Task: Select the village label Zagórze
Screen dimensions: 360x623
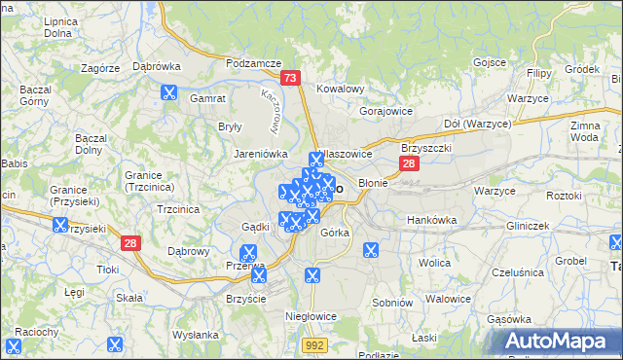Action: point(100,68)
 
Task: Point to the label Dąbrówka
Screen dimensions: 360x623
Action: point(156,66)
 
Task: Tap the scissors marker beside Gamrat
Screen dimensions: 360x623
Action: point(168,93)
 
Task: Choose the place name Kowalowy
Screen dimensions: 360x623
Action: point(340,89)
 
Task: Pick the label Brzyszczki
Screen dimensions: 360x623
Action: point(425,148)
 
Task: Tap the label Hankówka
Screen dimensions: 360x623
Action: point(431,220)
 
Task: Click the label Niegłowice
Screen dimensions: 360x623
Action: point(310,316)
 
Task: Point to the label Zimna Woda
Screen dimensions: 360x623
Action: point(586,132)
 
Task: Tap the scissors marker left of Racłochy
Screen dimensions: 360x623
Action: point(15,344)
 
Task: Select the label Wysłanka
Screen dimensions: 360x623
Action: point(195,335)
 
